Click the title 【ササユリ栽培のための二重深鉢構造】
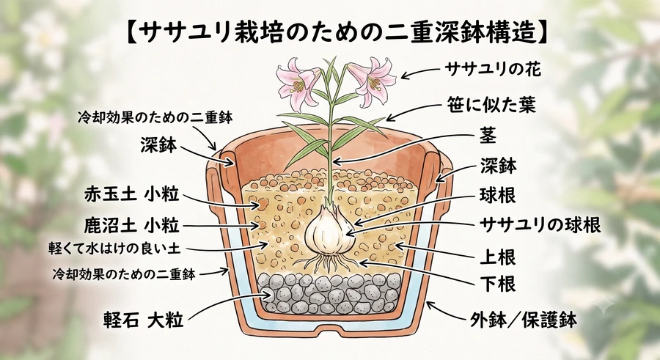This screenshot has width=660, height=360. click(x=337, y=34)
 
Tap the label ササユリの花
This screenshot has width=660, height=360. click(x=493, y=70)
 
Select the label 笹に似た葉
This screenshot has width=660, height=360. click(x=491, y=105)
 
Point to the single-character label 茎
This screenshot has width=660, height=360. click(x=488, y=136)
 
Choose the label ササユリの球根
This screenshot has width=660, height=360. click(x=540, y=226)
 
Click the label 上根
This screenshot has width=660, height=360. click(x=498, y=257)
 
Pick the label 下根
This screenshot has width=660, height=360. click(x=498, y=284)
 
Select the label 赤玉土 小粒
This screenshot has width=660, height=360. click(x=132, y=194)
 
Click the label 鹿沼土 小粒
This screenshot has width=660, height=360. click(x=132, y=226)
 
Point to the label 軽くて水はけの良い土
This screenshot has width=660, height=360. click(x=114, y=249)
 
